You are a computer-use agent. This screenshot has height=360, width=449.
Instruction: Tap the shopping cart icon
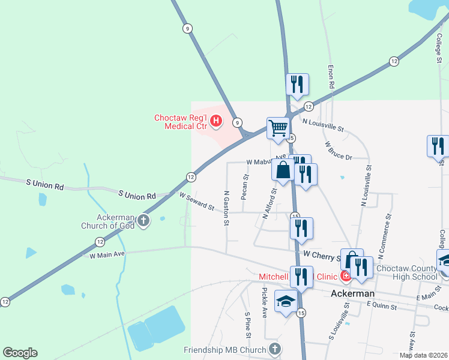pos(278,128)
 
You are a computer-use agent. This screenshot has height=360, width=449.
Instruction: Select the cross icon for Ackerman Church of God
pos(143,221)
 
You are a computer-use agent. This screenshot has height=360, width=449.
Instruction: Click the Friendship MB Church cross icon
pos(274,349)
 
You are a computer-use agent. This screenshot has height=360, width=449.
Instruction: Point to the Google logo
pos(20,353)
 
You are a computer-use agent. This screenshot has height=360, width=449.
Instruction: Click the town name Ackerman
pos(353,293)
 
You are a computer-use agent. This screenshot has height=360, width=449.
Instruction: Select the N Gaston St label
pos(226,208)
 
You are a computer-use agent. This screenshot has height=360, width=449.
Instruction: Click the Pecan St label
pos(245,187)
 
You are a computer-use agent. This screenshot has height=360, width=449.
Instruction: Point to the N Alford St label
pos(269,203)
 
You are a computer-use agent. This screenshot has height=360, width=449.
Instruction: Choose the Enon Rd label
pos(331,77)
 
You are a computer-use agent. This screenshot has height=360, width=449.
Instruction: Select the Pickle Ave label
pos(264,302)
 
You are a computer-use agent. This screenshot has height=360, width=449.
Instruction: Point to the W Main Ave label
pos(107,254)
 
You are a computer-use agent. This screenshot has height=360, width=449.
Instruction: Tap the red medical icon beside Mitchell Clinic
pos(345,277)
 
